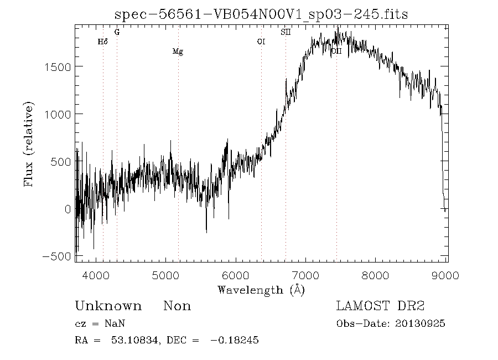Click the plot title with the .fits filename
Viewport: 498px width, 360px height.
coord(261,14)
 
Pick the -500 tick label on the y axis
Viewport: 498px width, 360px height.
coord(55,256)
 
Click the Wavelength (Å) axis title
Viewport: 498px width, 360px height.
coord(261,290)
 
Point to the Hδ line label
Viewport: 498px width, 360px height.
coord(102,42)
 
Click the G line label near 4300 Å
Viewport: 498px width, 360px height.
coord(117,32)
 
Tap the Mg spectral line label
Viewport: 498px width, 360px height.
coord(178,52)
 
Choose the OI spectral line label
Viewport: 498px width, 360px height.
coord(261,42)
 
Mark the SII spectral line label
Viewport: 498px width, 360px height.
coord(286,32)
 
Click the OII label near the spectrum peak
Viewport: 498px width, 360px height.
coord(336,51)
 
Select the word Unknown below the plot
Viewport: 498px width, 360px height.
coord(108,306)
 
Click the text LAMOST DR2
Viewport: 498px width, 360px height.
coord(380,306)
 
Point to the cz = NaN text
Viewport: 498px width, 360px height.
coord(96,324)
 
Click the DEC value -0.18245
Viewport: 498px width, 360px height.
coord(235,340)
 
